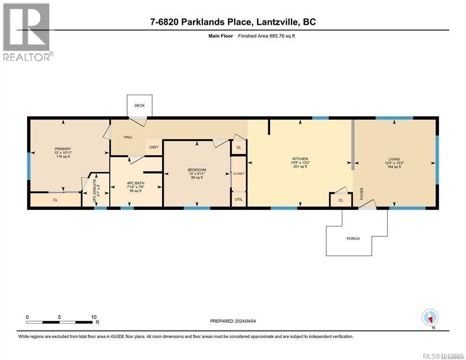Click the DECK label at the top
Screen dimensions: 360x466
tap(139, 105)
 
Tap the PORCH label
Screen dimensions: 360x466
tap(353, 239)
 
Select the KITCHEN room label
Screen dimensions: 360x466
tap(300, 159)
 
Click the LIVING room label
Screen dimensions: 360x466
tap(394, 159)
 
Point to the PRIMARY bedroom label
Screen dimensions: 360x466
tap(62, 149)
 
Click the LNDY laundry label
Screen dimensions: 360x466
tap(154, 147)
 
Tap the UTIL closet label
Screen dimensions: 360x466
tap(238, 199)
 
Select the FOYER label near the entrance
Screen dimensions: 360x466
tap(361, 194)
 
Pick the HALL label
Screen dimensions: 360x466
tap(128, 137)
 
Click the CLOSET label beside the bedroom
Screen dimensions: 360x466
tap(239, 173)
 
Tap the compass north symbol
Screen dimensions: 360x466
tap(430, 318)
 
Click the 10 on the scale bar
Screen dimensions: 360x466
tap(93, 316)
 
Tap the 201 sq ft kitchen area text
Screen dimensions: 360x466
tap(300, 166)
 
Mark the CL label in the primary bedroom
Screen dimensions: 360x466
tap(55, 200)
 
